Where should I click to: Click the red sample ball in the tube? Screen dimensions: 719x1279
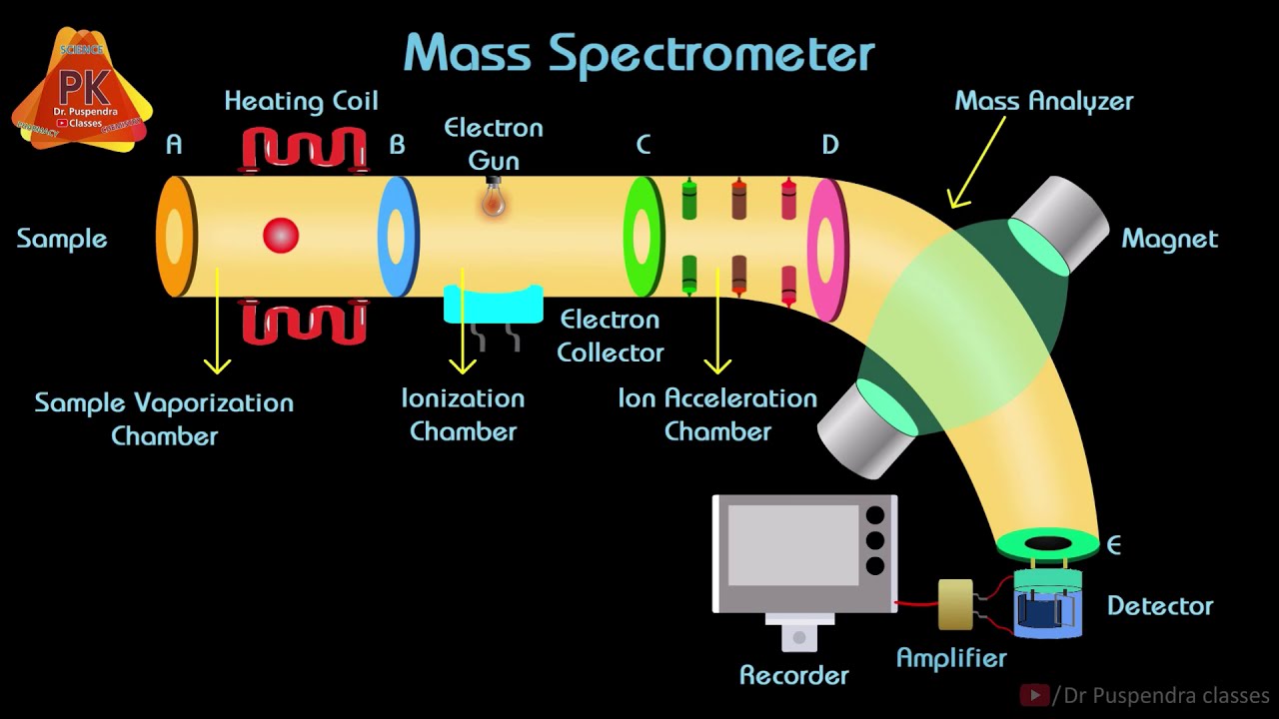tap(281, 236)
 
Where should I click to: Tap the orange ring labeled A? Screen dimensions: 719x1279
tap(175, 237)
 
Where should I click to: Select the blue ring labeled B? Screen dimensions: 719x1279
tap(397, 237)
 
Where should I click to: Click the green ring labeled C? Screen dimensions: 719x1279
tap(642, 237)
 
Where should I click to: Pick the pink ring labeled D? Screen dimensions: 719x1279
tap(826, 249)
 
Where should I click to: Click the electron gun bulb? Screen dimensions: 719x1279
tap(493, 200)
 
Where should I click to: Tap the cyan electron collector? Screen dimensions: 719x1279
tap(493, 305)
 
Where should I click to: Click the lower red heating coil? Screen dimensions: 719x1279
tap(304, 322)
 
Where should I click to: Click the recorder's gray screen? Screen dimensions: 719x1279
tap(792, 545)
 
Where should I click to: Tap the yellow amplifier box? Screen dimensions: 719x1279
tap(955, 604)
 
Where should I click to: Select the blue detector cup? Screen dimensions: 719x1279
tap(1047, 606)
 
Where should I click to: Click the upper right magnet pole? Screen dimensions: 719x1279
tap(1059, 226)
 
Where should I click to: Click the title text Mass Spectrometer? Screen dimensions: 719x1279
tap(639, 54)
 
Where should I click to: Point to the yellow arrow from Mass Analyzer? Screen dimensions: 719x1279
tap(974, 160)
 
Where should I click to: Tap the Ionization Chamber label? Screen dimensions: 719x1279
tap(463, 414)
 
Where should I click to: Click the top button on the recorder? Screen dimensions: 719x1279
tap(875, 516)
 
